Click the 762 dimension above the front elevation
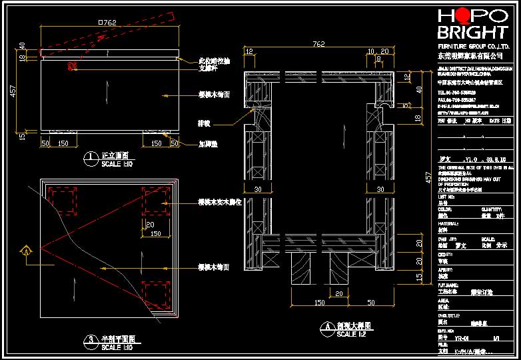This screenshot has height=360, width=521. click(108, 23)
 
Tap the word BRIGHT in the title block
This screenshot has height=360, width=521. click(471, 33)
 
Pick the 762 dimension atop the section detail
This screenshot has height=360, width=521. click(319, 45)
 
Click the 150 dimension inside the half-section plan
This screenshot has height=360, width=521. click(155, 234)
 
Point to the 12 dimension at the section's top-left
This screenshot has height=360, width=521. click(249, 51)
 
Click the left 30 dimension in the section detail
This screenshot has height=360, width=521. click(257, 190)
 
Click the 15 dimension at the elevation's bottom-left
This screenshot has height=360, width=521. click(23, 137)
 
